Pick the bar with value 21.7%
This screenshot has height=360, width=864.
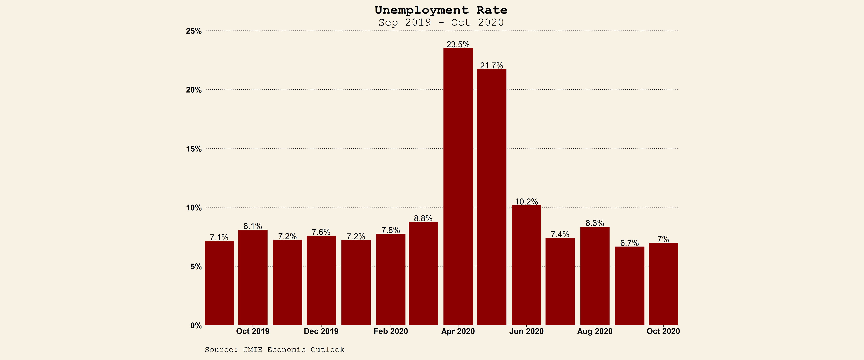[492, 197]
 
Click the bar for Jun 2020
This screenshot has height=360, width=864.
[526, 265]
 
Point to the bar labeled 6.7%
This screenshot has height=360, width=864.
[630, 286]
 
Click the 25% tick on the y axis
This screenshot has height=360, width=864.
[194, 31]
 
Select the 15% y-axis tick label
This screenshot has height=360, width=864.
[194, 149]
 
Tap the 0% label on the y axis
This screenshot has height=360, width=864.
[196, 325]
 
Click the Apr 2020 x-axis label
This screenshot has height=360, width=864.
[458, 331]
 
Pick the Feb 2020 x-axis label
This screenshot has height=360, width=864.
[391, 331]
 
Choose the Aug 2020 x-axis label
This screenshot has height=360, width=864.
[595, 331]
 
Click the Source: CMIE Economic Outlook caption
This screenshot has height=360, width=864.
[274, 350]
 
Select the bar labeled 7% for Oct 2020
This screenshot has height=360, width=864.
[663, 284]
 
